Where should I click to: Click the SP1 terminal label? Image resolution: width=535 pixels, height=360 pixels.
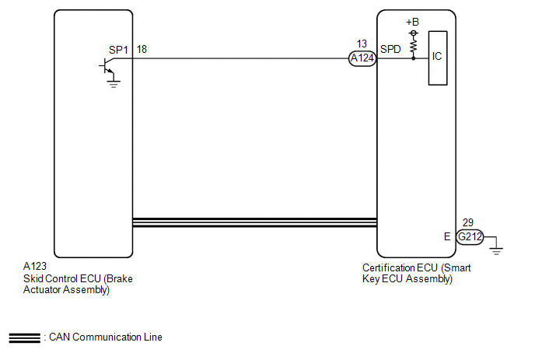click(118, 50)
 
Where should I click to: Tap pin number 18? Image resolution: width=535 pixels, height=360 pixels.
click(142, 50)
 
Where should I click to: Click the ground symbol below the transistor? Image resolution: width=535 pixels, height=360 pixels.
click(113, 84)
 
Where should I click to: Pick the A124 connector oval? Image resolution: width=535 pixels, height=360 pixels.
click(362, 58)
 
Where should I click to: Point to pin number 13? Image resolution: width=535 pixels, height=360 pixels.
click(362, 44)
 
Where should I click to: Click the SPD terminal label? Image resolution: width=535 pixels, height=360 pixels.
click(390, 50)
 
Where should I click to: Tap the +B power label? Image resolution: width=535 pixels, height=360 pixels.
click(412, 23)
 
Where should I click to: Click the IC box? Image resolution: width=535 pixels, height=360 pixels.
click(438, 58)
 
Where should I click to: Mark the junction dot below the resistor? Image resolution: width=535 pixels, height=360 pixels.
click(414, 58)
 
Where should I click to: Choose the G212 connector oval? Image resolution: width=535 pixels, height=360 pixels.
click(470, 236)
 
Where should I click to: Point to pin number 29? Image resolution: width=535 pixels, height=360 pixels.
click(468, 222)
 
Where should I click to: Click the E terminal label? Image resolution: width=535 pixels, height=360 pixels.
click(447, 236)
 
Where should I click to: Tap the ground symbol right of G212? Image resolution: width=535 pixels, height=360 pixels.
click(496, 251)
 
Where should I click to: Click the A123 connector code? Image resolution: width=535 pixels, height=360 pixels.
click(35, 266)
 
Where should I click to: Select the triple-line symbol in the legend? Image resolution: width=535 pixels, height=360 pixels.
click(25, 337)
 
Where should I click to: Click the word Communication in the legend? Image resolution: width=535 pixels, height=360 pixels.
click(107, 337)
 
